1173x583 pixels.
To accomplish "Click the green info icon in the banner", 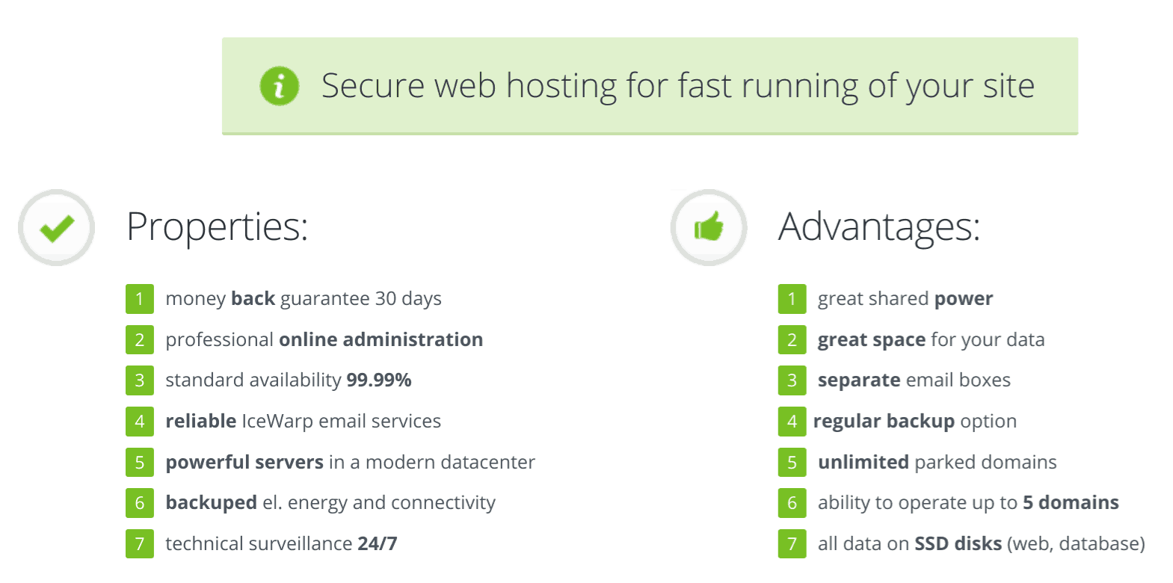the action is tap(279, 86).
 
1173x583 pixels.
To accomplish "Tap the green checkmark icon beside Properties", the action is tap(57, 228).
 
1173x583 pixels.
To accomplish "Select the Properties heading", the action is tap(218, 227).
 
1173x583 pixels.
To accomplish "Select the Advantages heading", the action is tap(878, 227).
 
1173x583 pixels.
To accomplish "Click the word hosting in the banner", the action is tap(561, 86).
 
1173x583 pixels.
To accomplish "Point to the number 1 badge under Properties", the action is tap(140, 299).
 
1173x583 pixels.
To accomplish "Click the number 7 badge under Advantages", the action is tap(792, 543).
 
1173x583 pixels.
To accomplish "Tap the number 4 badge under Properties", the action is tap(140, 422).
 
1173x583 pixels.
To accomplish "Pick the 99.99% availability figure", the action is tap(379, 380).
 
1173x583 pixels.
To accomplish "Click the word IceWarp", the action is tap(277, 422).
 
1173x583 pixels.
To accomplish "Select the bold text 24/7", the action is tap(378, 543).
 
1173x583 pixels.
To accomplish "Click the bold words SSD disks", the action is tap(958, 543).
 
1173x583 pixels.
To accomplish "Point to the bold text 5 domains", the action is tap(1071, 502).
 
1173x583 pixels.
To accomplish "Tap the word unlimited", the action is tap(863, 462).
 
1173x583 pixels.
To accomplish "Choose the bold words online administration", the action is tap(381, 339).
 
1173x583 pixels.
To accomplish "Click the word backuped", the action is tap(211, 503).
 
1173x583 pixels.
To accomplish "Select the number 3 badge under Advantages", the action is tap(792, 380).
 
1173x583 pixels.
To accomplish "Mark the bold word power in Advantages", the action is tap(964, 300).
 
